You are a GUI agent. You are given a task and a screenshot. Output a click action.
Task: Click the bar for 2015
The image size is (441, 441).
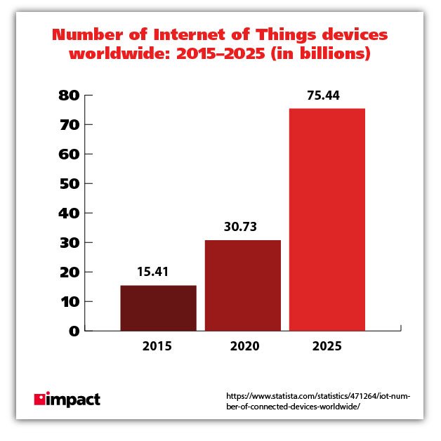tap(158, 308)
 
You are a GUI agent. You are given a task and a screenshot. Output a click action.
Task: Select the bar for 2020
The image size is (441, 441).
tap(242, 285)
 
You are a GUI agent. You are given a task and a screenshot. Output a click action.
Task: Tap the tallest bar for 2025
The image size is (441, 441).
tap(327, 219)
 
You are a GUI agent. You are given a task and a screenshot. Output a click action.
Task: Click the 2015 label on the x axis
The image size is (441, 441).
tap(157, 346)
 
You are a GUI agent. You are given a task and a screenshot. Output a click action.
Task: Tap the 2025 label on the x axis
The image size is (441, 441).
tap(327, 346)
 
